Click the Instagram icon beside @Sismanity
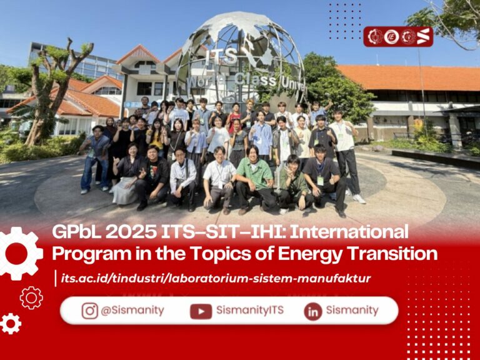(x=90, y=311)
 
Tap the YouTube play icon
(x=201, y=311)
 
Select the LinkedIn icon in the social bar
(x=313, y=312)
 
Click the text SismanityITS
(x=250, y=310)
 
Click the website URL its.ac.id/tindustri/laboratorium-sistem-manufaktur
(x=216, y=279)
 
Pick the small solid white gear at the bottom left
(x=11, y=324)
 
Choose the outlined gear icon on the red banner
(x=31, y=297)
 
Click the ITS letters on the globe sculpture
(x=221, y=57)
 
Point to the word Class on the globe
(x=255, y=80)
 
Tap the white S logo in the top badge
(x=423, y=37)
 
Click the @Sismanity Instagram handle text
(x=132, y=311)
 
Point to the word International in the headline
(x=349, y=232)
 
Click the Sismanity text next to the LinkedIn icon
(x=352, y=310)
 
